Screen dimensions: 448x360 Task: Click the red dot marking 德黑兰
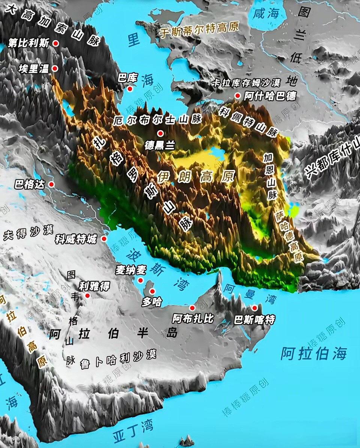(160, 133)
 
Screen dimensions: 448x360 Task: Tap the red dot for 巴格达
(51, 185)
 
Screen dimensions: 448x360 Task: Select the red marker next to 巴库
(130, 89)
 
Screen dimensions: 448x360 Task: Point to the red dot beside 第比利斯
(56, 43)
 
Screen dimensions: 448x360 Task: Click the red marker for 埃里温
(55, 68)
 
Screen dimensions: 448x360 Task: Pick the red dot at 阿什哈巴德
(237, 96)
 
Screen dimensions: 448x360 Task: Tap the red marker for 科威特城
(104, 239)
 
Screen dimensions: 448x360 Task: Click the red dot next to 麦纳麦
(141, 280)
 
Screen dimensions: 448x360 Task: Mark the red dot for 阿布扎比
(192, 308)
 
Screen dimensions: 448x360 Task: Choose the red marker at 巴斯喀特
(255, 308)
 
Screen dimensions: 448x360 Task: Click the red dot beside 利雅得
(87, 296)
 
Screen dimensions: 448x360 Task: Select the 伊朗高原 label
(196, 176)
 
